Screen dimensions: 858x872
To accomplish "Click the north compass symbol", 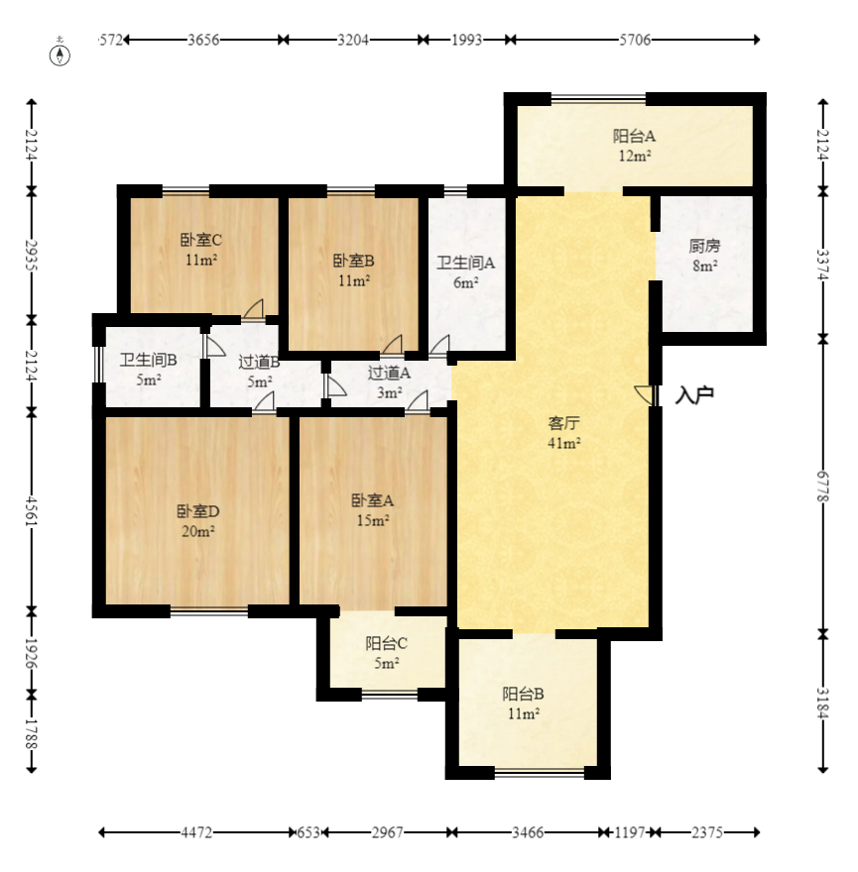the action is point(61,55).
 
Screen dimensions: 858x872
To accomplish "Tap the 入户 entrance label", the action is point(694,395).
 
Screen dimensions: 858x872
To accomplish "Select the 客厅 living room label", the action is point(564,423).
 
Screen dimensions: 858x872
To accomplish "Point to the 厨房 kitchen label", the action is point(704,246).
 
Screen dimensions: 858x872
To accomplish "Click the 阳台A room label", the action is point(634,136).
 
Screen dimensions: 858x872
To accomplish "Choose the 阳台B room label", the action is point(523,694).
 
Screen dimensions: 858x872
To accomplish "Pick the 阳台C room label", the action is point(387,643).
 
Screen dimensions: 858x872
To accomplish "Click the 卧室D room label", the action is point(198,511).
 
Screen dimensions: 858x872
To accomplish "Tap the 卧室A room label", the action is point(373,500).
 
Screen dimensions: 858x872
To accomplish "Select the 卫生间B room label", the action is point(148,361).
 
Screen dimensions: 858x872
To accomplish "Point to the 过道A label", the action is point(389,373).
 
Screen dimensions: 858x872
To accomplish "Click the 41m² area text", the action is point(564,443).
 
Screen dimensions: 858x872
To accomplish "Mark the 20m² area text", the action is point(198,532).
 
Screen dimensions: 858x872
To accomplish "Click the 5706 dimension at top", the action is point(635,40).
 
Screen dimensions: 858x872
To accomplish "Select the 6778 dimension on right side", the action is point(823,487).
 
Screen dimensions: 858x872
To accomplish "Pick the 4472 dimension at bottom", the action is point(196,832).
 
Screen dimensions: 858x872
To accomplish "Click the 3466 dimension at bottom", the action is point(528,832).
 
